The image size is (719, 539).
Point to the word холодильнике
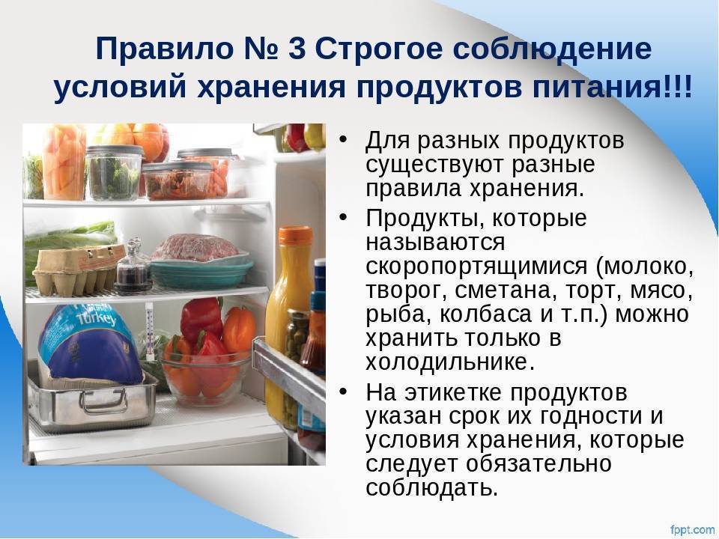click(450, 362)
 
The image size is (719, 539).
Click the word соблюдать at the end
click(432, 487)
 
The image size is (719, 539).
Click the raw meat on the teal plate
click(194, 248)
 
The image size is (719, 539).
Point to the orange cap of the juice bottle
click(295, 235)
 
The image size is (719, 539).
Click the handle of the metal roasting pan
click(104, 400)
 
